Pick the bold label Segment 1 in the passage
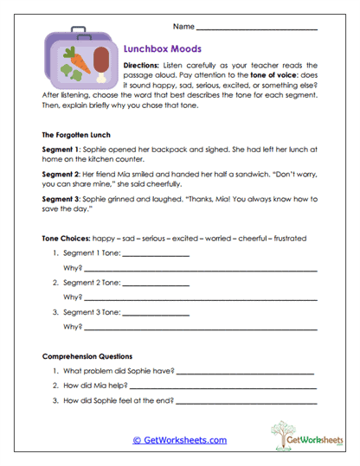tap(62, 150)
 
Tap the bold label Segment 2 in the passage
tap(62, 174)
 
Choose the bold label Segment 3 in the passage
tap(62, 198)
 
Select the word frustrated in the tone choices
tap(287, 238)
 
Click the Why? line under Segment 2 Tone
tap(199, 297)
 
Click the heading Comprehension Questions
tap(87, 356)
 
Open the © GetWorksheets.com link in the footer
tap(179, 440)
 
